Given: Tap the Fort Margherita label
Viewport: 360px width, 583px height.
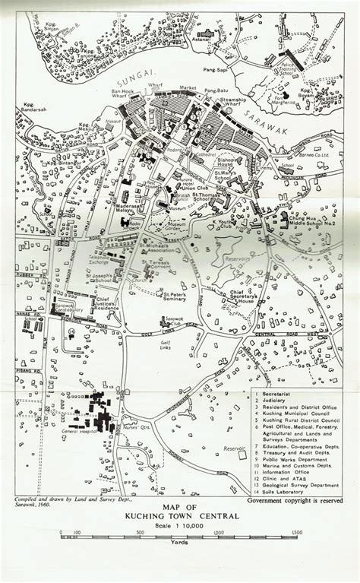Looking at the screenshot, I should point(285,101).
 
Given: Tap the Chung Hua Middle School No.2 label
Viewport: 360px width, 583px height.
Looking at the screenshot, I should point(302,224).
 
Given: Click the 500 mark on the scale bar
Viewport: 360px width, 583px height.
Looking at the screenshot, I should point(140,532).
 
